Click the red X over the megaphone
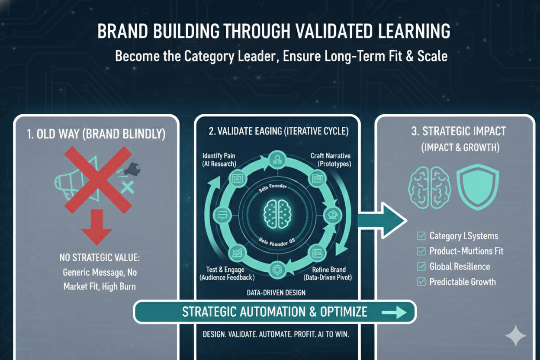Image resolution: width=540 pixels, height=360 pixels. coord(99,179)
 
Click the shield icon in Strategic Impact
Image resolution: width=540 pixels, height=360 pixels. coord(478,187)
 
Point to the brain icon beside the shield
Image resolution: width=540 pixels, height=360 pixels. coord(430,187)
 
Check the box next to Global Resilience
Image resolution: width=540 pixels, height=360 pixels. coord(421,267)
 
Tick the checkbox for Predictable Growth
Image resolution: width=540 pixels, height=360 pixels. coord(421,282)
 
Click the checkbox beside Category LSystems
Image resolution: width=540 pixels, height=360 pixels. coord(421,236)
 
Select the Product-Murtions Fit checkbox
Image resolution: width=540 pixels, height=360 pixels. coord(421,251)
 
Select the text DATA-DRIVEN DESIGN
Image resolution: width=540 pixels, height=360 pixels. coord(276,292)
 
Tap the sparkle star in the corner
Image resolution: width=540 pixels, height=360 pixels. coord(515,336)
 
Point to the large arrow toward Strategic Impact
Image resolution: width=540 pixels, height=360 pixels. coord(382,221)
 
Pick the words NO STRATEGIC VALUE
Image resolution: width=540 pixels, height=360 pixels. coord(100,259)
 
